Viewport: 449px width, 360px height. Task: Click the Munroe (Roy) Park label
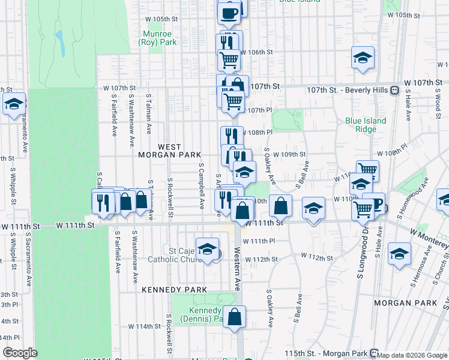tap(157, 38)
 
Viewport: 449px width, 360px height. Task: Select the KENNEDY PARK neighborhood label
tap(174, 289)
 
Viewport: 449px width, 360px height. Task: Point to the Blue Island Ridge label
tap(366, 125)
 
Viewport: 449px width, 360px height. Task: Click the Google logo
tap(20, 353)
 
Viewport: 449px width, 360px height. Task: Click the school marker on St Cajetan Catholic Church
tap(207, 249)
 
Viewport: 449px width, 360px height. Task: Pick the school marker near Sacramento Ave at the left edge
tap(14, 104)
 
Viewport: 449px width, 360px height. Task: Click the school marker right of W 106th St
tap(363, 58)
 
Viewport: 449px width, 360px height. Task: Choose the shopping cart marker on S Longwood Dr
tap(363, 209)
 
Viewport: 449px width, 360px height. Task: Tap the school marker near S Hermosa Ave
tap(399, 253)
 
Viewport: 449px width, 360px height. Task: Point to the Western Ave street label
tap(237, 269)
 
